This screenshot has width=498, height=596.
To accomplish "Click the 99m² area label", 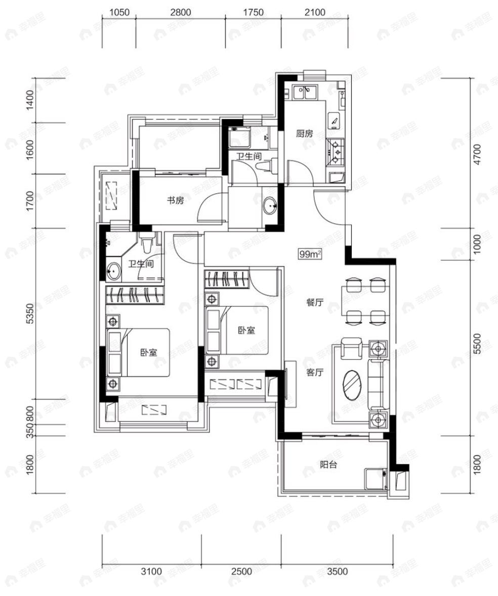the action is (x=310, y=254).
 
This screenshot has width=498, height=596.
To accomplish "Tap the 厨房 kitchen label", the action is (x=305, y=134).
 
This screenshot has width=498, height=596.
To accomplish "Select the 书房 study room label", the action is (x=175, y=200).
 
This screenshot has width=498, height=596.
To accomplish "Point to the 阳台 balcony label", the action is (x=328, y=464).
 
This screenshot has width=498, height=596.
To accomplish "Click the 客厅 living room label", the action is (x=315, y=372).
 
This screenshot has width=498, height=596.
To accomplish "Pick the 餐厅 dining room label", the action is (x=315, y=302).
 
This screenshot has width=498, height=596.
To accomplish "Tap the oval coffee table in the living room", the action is (x=352, y=385).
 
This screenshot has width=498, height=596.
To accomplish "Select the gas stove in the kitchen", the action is (x=336, y=151).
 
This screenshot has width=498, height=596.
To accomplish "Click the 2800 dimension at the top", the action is (x=181, y=12).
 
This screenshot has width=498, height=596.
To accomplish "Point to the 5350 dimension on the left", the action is (x=30, y=314).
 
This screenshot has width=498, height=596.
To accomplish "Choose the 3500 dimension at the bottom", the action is (x=338, y=571).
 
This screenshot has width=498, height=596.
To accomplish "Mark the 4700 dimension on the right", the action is (x=477, y=154).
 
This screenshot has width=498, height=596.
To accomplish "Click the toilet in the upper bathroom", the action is (x=267, y=166).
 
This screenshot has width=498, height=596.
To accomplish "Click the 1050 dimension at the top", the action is (x=119, y=12).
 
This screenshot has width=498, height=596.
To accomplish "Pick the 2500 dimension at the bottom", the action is (x=241, y=571).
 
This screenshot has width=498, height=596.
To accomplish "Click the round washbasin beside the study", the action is (x=270, y=205).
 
